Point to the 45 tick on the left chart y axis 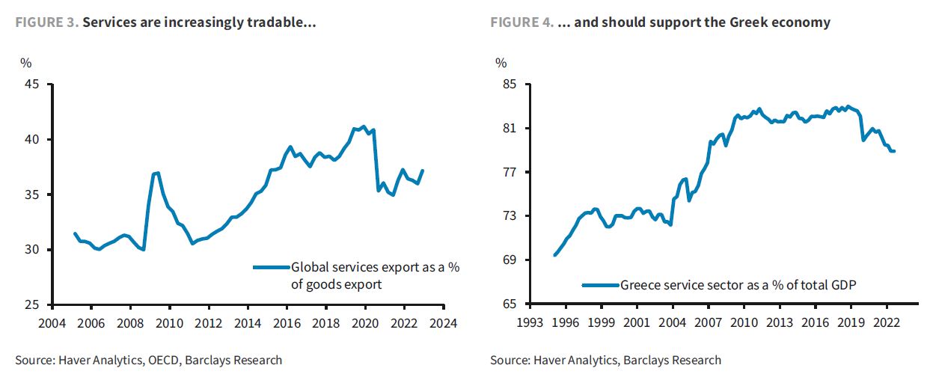(32, 85)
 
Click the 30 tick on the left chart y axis (32, 250)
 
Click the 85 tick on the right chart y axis (511, 85)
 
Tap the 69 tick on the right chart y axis (511, 260)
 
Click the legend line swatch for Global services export (271, 266)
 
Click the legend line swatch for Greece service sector (601, 285)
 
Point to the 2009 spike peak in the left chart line (157, 173)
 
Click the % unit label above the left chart (25, 63)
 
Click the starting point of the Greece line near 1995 (554, 255)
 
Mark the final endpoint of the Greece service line (894, 152)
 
